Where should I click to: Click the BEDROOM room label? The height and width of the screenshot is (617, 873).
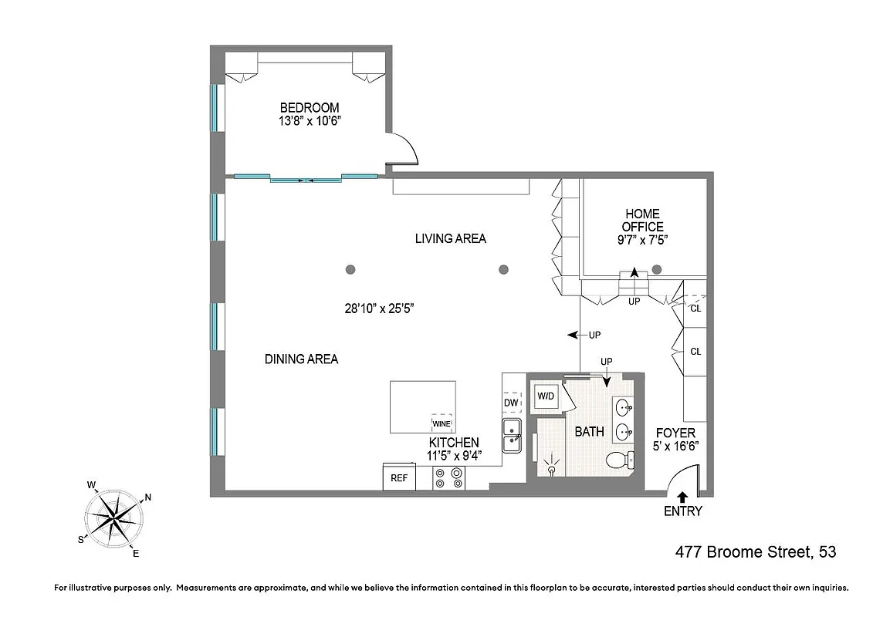pos(309,107)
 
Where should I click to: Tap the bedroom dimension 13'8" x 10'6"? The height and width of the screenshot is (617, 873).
pos(309,121)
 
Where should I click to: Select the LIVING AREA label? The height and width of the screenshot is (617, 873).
pos(451,238)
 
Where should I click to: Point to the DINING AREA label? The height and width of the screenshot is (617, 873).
pos(301,359)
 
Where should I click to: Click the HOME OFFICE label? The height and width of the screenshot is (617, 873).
pos(643,220)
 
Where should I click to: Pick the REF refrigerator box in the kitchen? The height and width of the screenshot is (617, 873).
pos(399,478)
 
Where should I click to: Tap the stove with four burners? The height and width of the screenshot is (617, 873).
pos(448,478)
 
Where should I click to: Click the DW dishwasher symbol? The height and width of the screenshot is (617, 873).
pos(511,402)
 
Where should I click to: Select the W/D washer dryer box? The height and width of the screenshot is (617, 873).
pos(546,396)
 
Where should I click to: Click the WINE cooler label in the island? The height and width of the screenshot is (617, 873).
pos(441,423)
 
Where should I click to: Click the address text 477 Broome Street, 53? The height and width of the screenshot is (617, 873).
pos(755,552)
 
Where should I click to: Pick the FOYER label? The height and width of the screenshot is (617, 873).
pos(675,433)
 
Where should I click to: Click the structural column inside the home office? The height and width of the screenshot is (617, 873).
pos(657,269)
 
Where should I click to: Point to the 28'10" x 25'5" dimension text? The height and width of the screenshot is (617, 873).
pos(380,308)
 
